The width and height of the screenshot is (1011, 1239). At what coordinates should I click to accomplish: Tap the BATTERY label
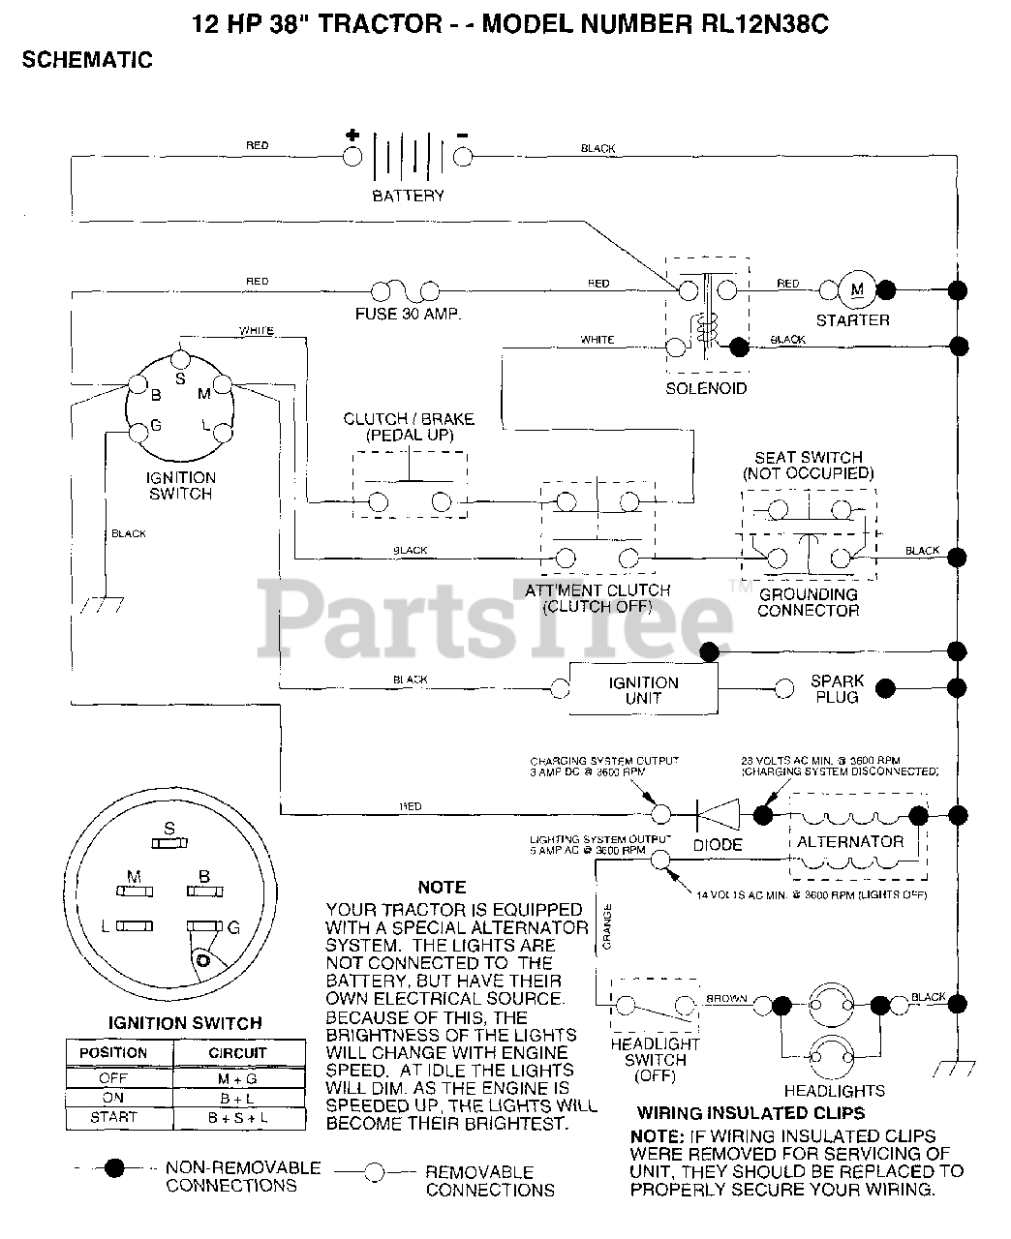408,196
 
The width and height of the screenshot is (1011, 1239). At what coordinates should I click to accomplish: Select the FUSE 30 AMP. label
406,315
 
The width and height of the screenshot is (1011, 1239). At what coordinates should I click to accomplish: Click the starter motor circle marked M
856,288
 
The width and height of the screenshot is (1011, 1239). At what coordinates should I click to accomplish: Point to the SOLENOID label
706,388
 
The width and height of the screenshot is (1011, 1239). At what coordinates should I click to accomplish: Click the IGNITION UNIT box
643,689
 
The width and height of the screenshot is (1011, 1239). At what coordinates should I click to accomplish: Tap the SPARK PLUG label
838,689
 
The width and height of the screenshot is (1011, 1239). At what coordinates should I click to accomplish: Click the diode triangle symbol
719,813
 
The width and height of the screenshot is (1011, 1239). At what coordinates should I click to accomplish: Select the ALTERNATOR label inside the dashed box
849,841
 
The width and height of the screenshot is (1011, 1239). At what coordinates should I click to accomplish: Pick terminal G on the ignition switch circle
136,427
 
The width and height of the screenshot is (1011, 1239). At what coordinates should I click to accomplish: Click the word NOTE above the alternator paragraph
442,887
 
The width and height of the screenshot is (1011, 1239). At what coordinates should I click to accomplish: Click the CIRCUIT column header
238,1052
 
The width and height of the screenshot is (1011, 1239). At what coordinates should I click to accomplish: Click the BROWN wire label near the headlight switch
725,997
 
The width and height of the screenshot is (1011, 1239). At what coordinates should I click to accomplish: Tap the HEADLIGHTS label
848,1090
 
